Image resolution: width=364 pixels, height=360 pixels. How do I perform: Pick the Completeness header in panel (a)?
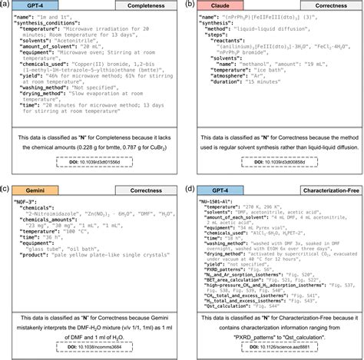(x=132, y=6)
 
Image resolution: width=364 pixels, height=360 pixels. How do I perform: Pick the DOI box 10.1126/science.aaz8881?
(x=273, y=345)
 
